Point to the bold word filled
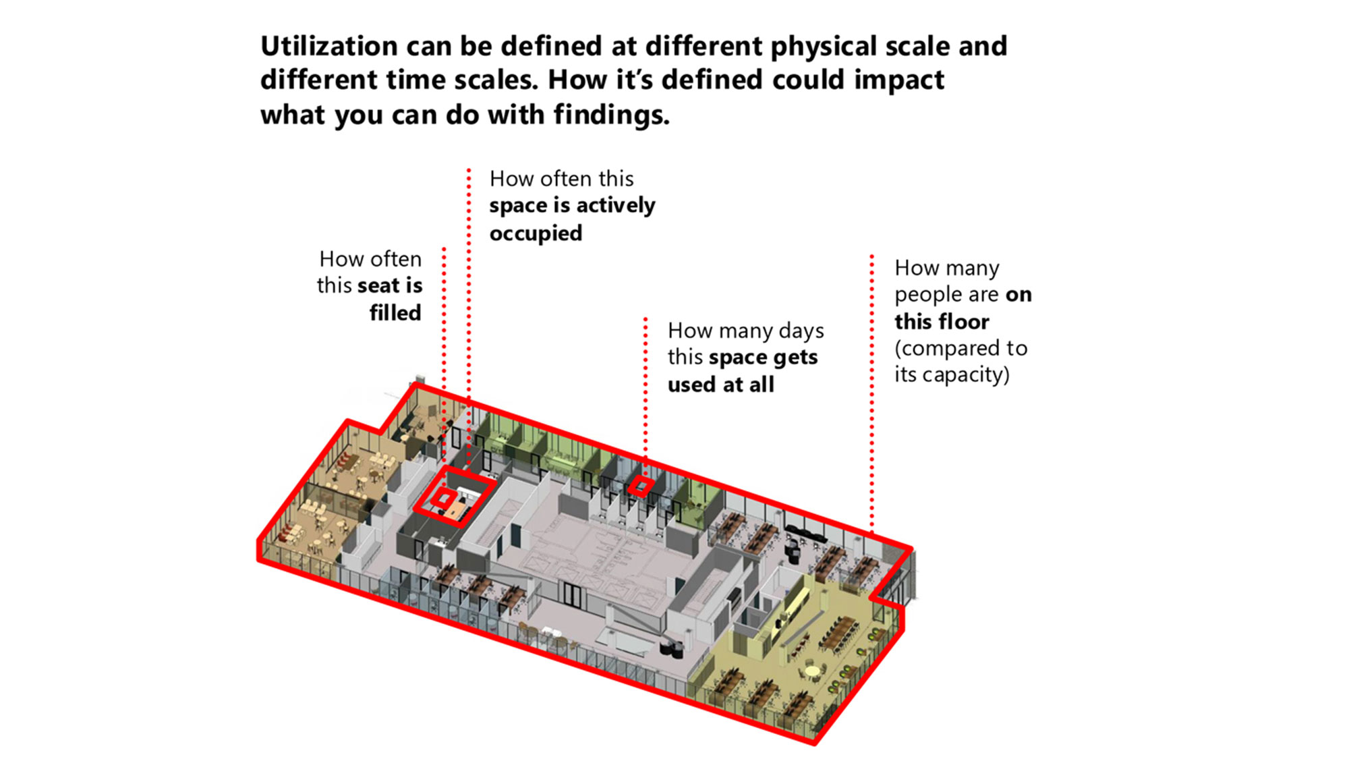pyautogui.click(x=395, y=312)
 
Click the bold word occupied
pyautogui.click(x=536, y=233)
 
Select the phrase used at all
pyautogui.click(x=721, y=385)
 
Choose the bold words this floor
pyautogui.click(x=942, y=321)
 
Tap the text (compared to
pyautogui.click(x=961, y=348)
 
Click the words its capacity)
pyautogui.click(x=952, y=374)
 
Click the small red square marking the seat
pyautogui.click(x=443, y=499)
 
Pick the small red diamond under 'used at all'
pyautogui.click(x=640, y=486)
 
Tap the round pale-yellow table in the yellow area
pyautogui.click(x=813, y=671)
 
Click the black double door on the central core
pyautogui.click(x=572, y=594)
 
